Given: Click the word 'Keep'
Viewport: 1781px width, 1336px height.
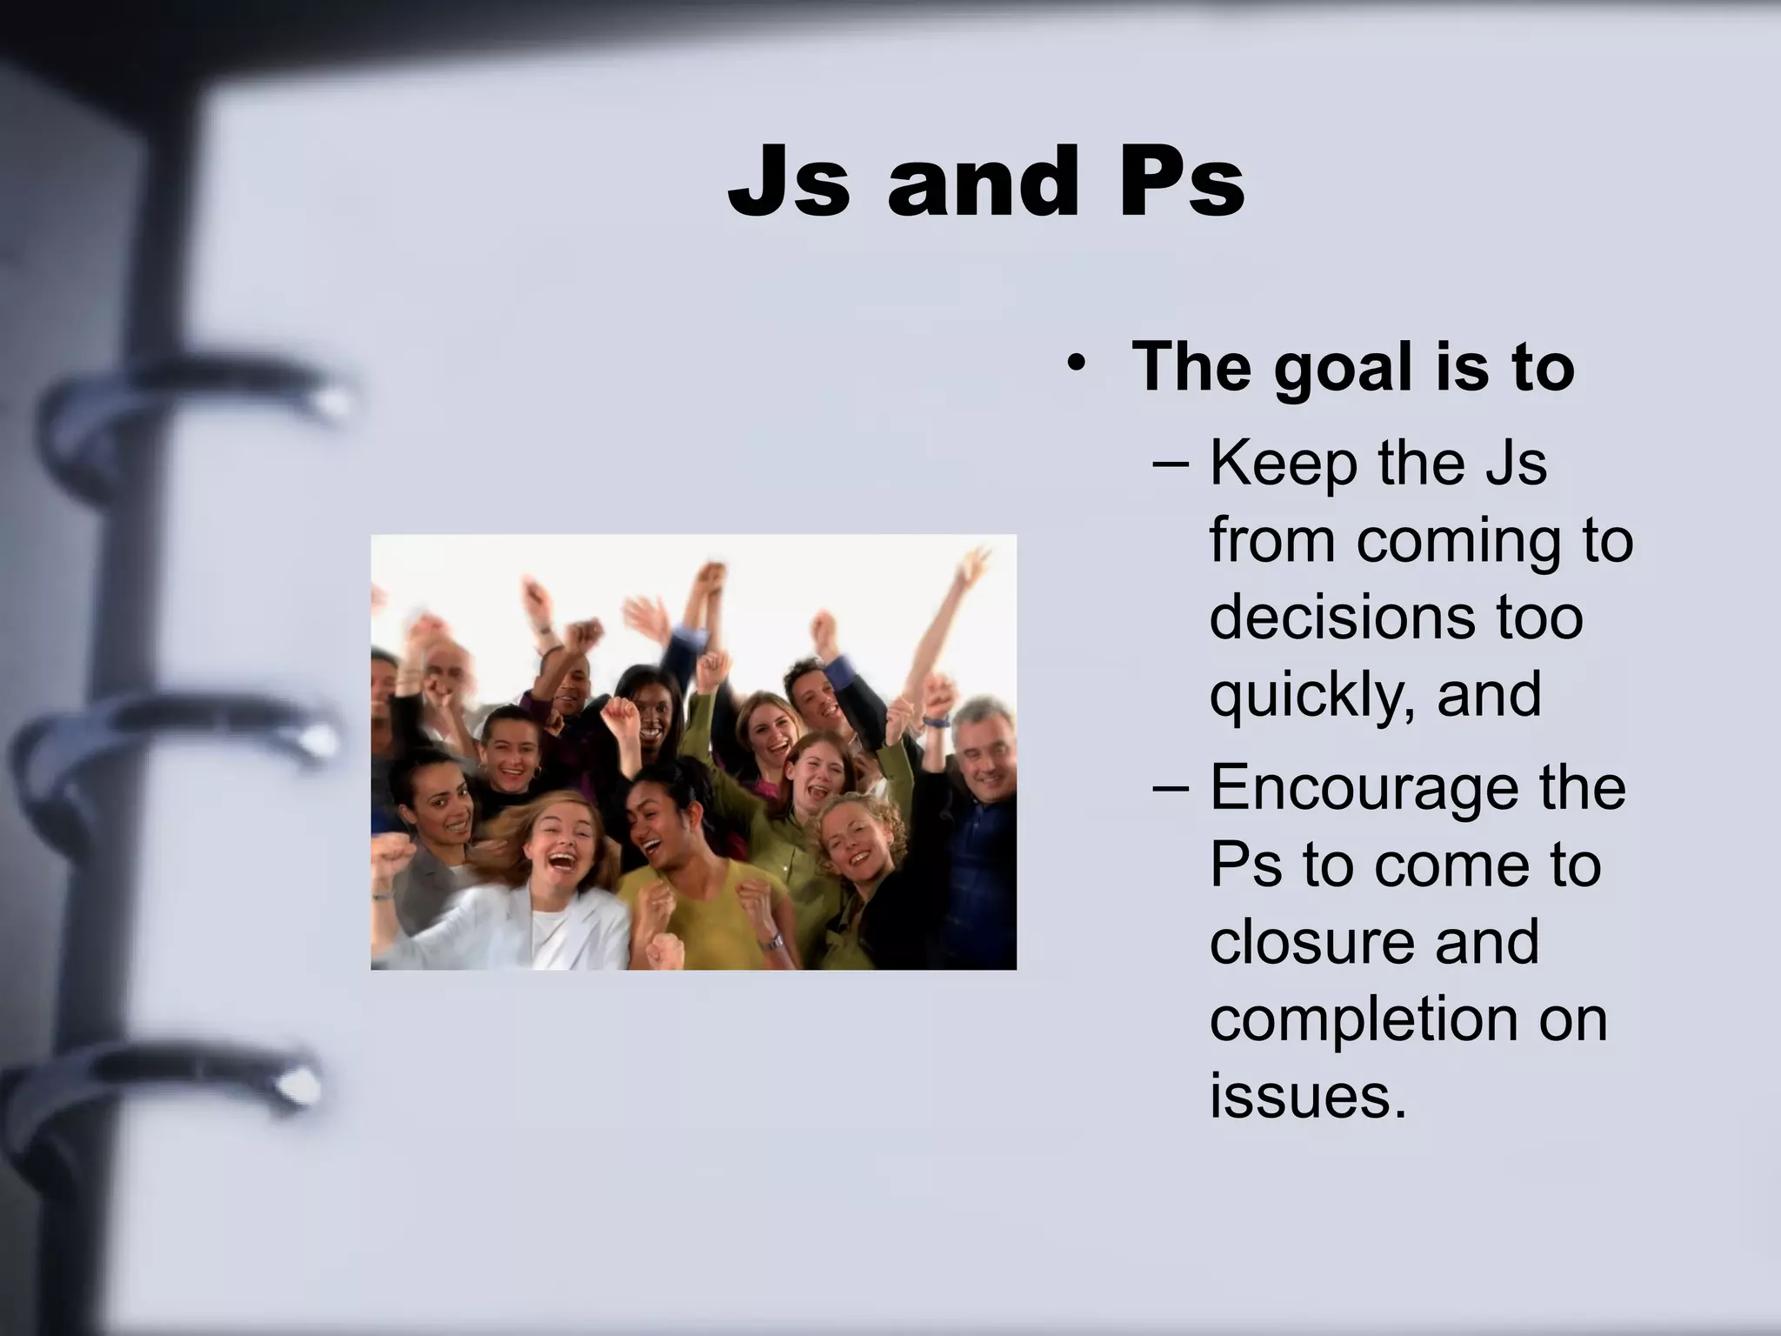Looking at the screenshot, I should [x=1284, y=463].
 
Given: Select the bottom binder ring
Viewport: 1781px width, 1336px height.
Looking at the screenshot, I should [x=174, y=1087].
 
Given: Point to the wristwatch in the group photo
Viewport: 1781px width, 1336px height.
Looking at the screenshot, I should [x=772, y=940].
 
